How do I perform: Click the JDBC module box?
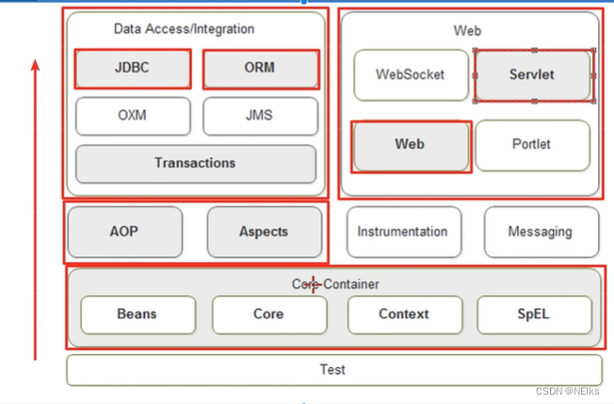pos(132,69)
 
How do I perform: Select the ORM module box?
pos(260,69)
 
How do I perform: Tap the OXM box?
pos(132,117)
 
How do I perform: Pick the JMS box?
pos(260,117)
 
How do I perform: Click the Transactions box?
pos(195,164)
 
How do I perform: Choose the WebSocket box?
pos(410,74)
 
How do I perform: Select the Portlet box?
pos(532,145)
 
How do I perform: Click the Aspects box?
pos(264,232)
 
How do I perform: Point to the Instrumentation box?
pos(403,232)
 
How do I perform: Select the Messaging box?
pos(541,232)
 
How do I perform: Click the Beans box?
pos(137,315)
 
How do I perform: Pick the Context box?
pos(404,315)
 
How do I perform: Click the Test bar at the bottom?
pos(332,370)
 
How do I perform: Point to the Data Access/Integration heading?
pos(184,29)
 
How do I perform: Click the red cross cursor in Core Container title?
pos(312,283)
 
